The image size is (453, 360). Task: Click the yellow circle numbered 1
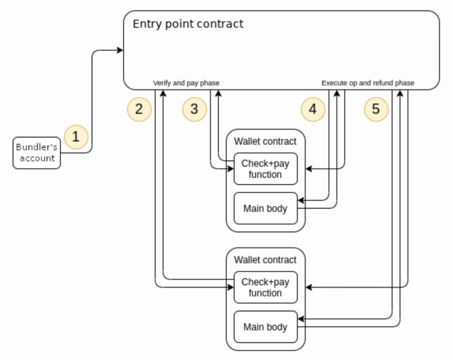click(76, 137)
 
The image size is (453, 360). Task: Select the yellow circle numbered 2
click(139, 110)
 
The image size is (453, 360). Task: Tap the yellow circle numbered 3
click(195, 110)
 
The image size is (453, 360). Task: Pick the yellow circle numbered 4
click(313, 110)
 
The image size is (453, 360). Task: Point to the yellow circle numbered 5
click(376, 110)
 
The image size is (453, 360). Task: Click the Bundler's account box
click(37, 153)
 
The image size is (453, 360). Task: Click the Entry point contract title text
click(188, 24)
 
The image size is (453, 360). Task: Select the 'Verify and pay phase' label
click(186, 83)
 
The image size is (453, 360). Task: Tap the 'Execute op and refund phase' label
click(368, 83)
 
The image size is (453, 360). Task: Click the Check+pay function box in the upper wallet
click(266, 169)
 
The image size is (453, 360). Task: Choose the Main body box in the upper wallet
click(266, 208)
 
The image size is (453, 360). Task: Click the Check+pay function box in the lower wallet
click(266, 287)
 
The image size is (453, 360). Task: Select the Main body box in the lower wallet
click(266, 327)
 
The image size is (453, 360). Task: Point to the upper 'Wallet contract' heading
click(265, 141)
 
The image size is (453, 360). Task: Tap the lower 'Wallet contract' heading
click(265, 260)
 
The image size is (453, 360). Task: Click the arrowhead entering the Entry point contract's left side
click(120, 50)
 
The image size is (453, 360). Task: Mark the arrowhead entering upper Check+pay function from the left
click(231, 168)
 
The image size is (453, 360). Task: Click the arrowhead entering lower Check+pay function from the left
click(231, 287)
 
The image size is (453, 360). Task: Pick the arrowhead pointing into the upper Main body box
click(301, 200)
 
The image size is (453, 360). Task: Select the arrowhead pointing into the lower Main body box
click(301, 319)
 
